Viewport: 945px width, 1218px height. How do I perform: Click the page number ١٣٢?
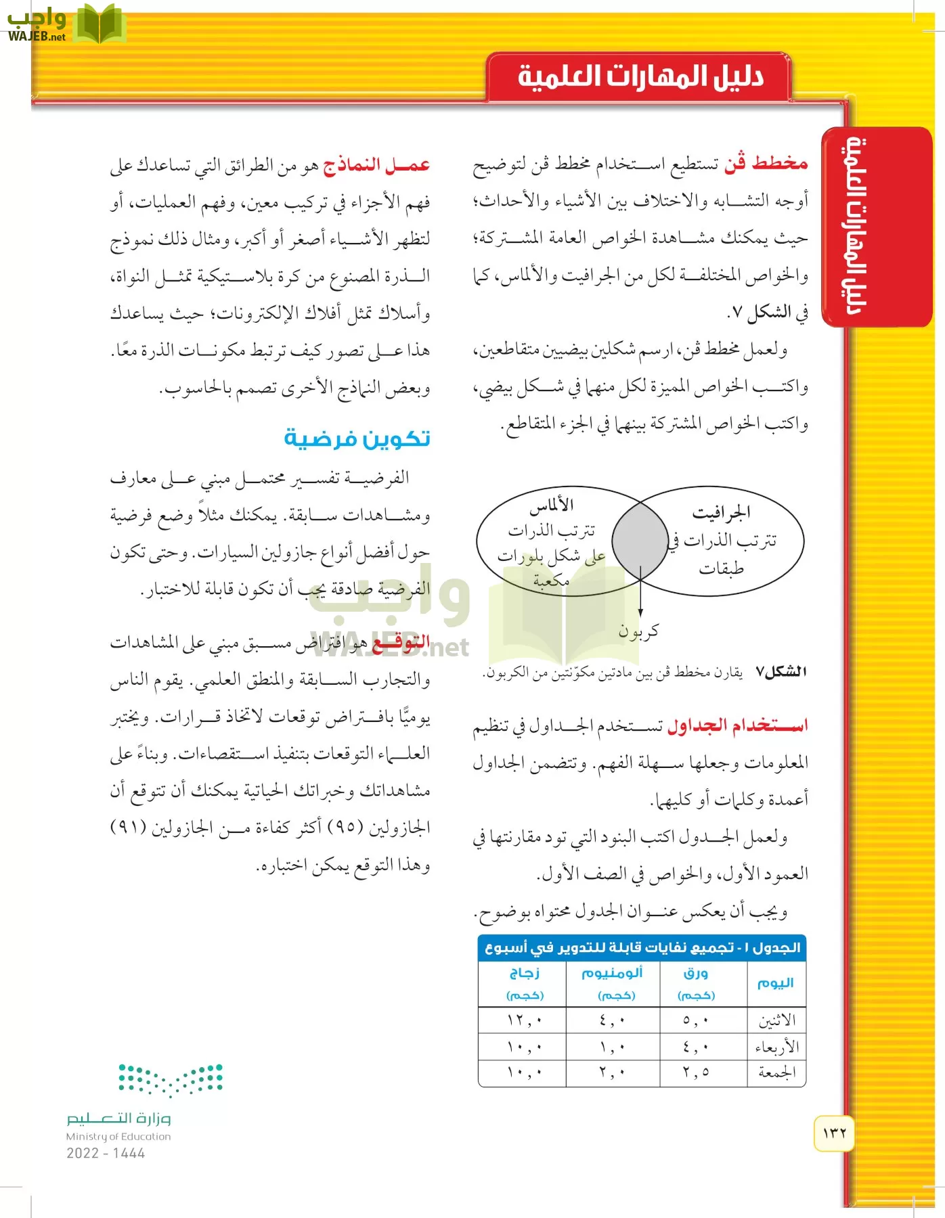click(x=834, y=1133)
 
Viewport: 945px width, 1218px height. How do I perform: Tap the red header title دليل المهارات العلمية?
click(x=640, y=76)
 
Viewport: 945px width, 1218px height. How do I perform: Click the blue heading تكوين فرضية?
click(x=357, y=438)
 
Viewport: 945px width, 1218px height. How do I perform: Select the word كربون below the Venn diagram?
click(x=638, y=631)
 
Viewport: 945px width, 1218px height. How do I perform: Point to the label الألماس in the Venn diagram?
click(x=552, y=505)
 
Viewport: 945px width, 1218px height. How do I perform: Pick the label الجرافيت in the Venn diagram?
click(x=722, y=513)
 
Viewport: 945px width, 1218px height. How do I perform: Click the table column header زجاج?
click(x=524, y=973)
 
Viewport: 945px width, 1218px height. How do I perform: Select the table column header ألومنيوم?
click(x=612, y=973)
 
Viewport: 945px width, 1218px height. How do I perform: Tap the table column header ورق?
click(x=695, y=973)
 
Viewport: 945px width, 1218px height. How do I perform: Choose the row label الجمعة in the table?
click(x=776, y=1073)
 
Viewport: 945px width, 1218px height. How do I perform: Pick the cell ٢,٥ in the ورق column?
click(x=696, y=1073)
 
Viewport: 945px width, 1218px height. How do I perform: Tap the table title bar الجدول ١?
click(x=642, y=948)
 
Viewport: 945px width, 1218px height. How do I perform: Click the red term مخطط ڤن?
click(x=766, y=163)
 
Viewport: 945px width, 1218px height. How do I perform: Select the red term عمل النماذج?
click(x=376, y=165)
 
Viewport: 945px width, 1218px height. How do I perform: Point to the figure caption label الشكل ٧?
click(x=781, y=672)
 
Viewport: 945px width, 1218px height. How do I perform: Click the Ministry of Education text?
click(x=118, y=1137)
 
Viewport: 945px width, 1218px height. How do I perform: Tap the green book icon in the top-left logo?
click(x=99, y=24)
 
